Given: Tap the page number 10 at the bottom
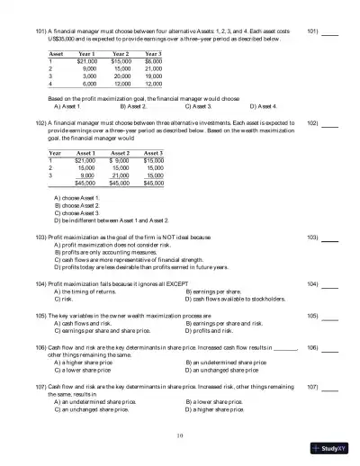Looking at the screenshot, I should click(180, 435).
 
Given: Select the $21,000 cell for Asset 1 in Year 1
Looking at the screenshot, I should click(88, 61).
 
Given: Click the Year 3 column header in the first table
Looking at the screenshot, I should click(150, 54).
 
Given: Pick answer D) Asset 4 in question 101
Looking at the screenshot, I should click(262, 105).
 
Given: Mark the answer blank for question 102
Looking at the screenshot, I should click(329, 124).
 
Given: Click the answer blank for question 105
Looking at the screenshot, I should click(329, 317).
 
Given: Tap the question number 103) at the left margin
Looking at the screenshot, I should click(41, 237).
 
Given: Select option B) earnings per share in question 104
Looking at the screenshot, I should click(219, 292).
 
